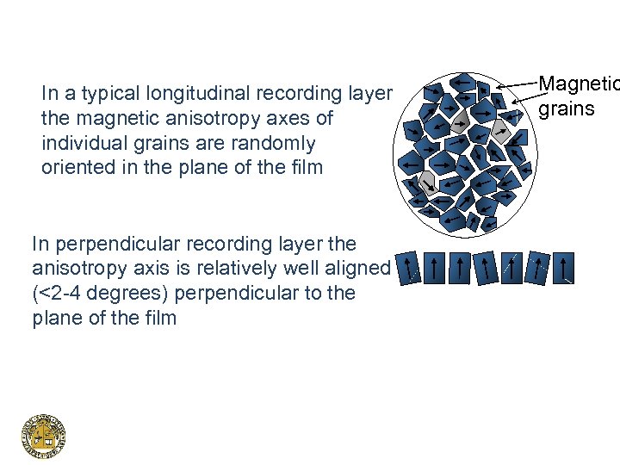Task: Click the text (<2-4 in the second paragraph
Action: click(56, 293)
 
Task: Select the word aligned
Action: click(356, 268)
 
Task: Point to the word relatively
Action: click(239, 268)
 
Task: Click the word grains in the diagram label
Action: click(567, 108)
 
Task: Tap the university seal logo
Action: click(43, 436)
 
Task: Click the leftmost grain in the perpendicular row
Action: click(411, 268)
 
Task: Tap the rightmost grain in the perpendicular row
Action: click(565, 268)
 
